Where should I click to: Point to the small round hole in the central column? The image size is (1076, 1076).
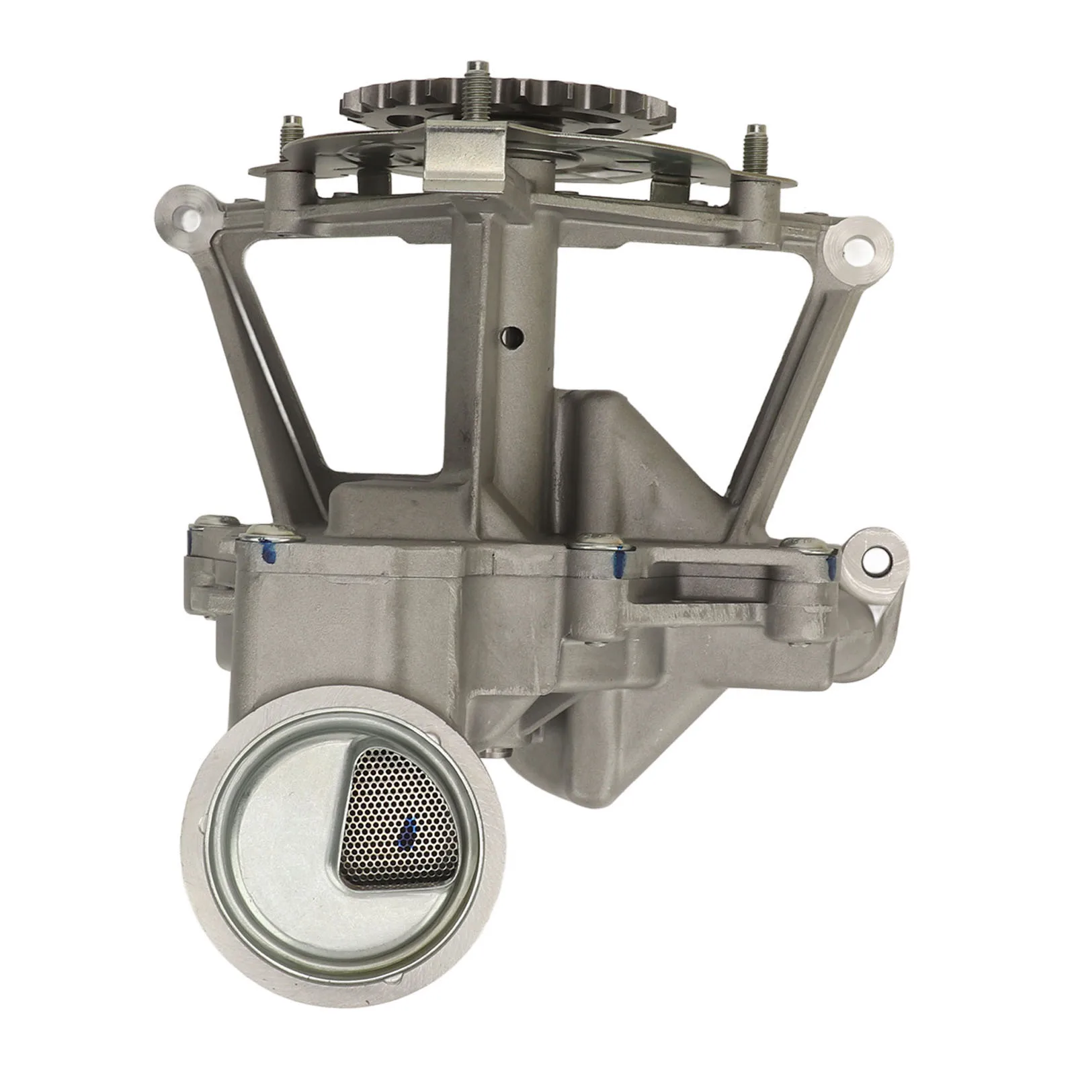pyautogui.click(x=512, y=334)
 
